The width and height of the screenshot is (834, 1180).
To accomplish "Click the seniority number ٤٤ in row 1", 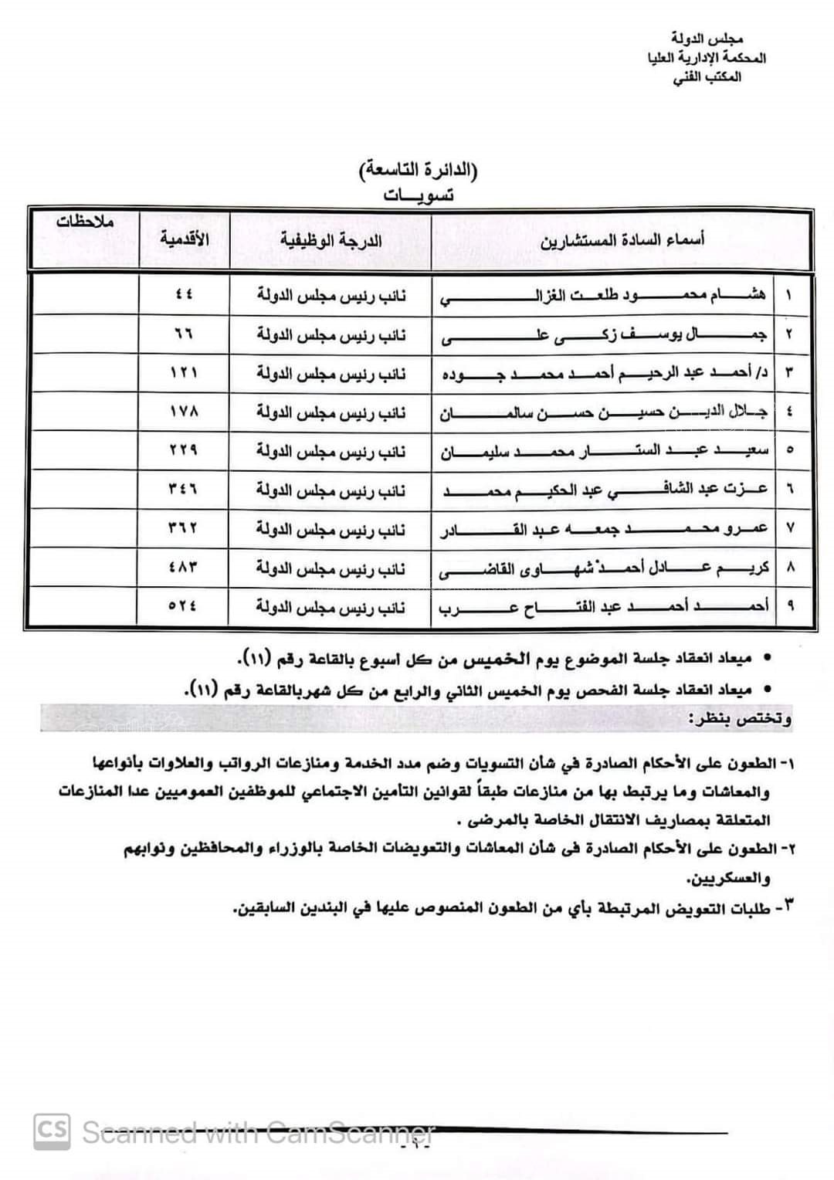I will click(x=184, y=294).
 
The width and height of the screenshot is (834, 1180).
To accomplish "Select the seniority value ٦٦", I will click(x=184, y=334).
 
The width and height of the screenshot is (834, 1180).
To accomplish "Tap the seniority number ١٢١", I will click(x=184, y=372).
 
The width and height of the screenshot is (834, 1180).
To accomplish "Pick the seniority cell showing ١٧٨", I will click(x=184, y=411).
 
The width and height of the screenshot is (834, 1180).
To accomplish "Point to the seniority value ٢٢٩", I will click(x=184, y=450).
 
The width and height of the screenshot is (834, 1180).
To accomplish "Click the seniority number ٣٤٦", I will click(x=184, y=489).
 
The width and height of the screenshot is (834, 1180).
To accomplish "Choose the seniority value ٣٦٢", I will click(x=184, y=528).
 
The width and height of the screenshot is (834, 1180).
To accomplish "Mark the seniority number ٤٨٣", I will click(x=184, y=567).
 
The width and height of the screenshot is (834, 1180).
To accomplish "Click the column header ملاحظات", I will click(x=85, y=221).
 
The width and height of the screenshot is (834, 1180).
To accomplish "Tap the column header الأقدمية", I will click(x=185, y=239).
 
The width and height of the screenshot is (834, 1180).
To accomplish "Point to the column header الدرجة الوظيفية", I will click(x=331, y=240).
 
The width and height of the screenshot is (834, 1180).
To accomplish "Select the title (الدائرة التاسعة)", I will click(x=418, y=170).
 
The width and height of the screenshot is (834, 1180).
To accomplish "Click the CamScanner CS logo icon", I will click(x=52, y=1131).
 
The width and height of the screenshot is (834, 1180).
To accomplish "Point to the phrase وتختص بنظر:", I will click(x=740, y=719).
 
